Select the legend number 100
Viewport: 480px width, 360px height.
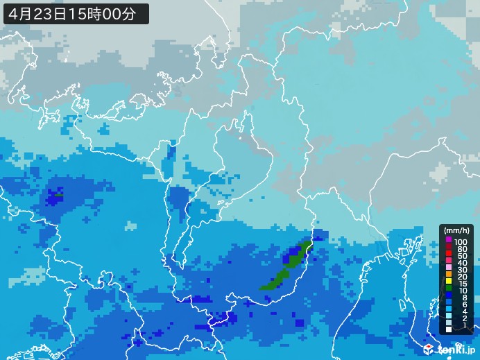click(x=461, y=242)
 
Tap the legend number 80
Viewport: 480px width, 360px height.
click(x=462, y=249)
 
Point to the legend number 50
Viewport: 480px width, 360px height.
click(x=462, y=256)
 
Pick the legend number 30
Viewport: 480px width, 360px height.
click(x=462, y=270)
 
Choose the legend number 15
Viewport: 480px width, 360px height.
click(x=462, y=284)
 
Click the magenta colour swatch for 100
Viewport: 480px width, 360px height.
click(x=449, y=240)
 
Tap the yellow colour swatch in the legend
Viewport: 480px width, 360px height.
click(x=449, y=281)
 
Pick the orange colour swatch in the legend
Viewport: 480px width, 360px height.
click(x=449, y=274)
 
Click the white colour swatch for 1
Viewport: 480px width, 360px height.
click(x=449, y=329)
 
